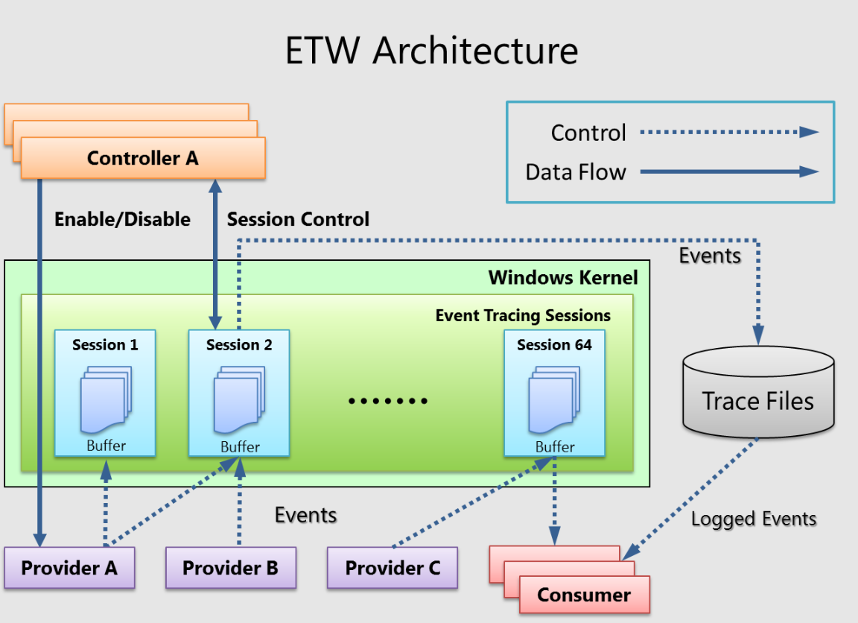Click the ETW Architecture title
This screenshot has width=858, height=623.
431,51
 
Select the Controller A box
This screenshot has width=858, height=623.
143,158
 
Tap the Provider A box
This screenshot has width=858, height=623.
69,568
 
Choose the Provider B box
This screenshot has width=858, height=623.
230,568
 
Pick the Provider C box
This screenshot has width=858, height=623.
393,568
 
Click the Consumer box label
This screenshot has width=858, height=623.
584,595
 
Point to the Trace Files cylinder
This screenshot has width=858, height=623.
758,395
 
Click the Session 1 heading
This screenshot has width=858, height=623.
105,344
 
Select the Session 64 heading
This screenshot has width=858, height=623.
554,344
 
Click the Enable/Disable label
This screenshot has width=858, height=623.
122,219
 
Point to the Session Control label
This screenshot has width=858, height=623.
298,219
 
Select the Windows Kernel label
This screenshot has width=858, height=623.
563,278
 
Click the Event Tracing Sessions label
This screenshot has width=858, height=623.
523,315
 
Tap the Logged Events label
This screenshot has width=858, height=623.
754,519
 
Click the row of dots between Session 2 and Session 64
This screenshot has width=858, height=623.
388,401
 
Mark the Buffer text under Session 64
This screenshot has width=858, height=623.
555,446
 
